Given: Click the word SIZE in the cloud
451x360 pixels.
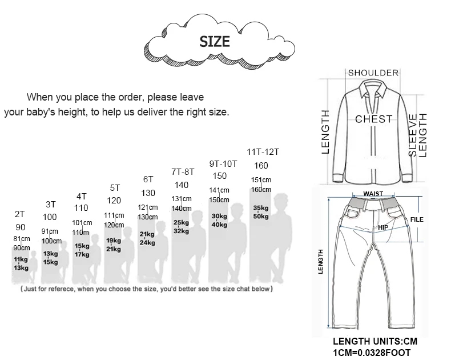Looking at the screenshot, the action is pos(215,42).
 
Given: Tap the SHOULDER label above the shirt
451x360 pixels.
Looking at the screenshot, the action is pos(373,73).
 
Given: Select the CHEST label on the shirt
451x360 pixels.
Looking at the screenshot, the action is pos(373,119).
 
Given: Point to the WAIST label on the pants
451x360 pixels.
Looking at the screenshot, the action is pos(373,194).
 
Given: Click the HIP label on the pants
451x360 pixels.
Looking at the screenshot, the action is pos(383,227).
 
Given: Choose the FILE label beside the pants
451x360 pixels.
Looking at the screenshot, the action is pos(417,219).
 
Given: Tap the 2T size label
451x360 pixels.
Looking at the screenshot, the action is pos(20,214).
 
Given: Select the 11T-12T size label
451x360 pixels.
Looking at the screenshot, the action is pos(263,152).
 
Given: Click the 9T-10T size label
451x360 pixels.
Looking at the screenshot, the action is pos(223,164).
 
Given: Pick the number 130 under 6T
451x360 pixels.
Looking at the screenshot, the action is pos(148,193).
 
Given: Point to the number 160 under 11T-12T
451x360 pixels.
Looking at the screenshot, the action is pos(261,166).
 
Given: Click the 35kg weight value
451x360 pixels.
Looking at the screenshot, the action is pos(261,208).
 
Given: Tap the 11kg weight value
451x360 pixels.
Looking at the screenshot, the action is pos(21,259).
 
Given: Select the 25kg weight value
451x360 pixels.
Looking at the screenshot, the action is pos(181,223).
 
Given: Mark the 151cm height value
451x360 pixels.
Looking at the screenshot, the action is pos(261,179).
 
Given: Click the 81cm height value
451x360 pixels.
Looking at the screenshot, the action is pos(22,239).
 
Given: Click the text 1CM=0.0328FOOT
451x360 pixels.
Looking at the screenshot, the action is pos(372,353).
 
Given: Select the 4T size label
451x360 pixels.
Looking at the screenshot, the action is pos(82,197).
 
